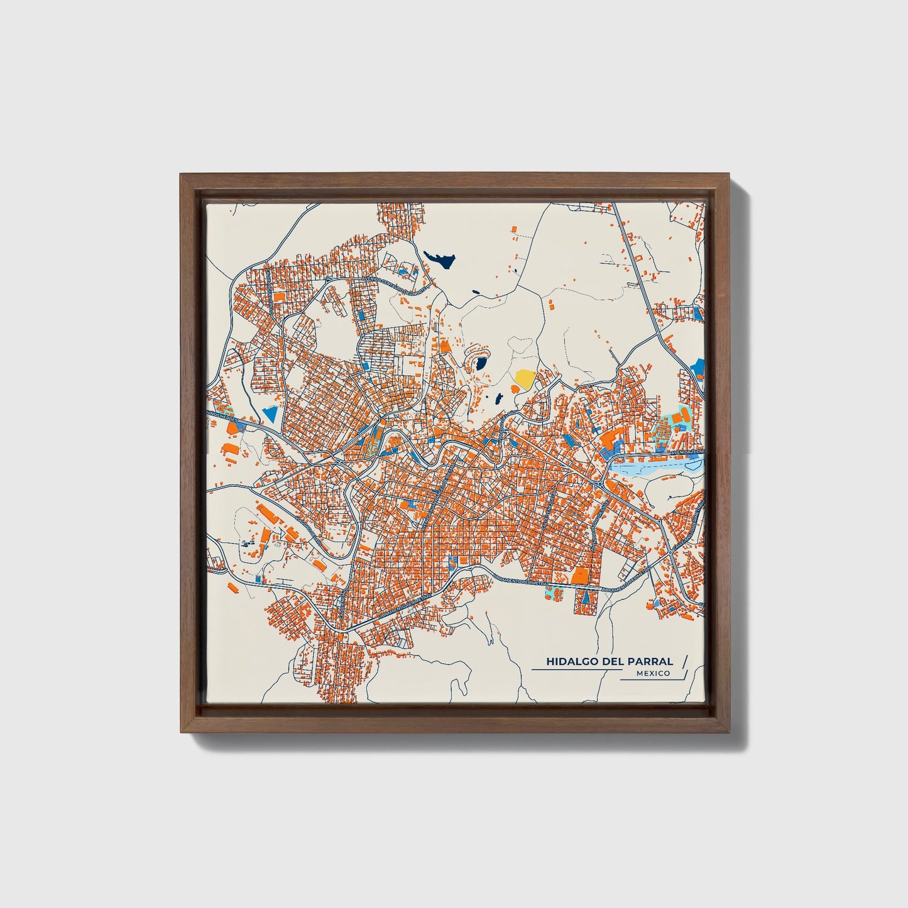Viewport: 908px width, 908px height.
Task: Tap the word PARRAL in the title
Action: click(x=653, y=662)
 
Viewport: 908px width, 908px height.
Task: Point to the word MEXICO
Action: click(x=652, y=674)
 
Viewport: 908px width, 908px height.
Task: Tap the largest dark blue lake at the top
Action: click(x=440, y=258)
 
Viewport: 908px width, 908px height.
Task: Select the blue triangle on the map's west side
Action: click(x=270, y=413)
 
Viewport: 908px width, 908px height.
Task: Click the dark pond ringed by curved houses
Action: click(x=481, y=363)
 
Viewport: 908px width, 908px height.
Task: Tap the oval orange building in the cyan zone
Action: click(x=677, y=417)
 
